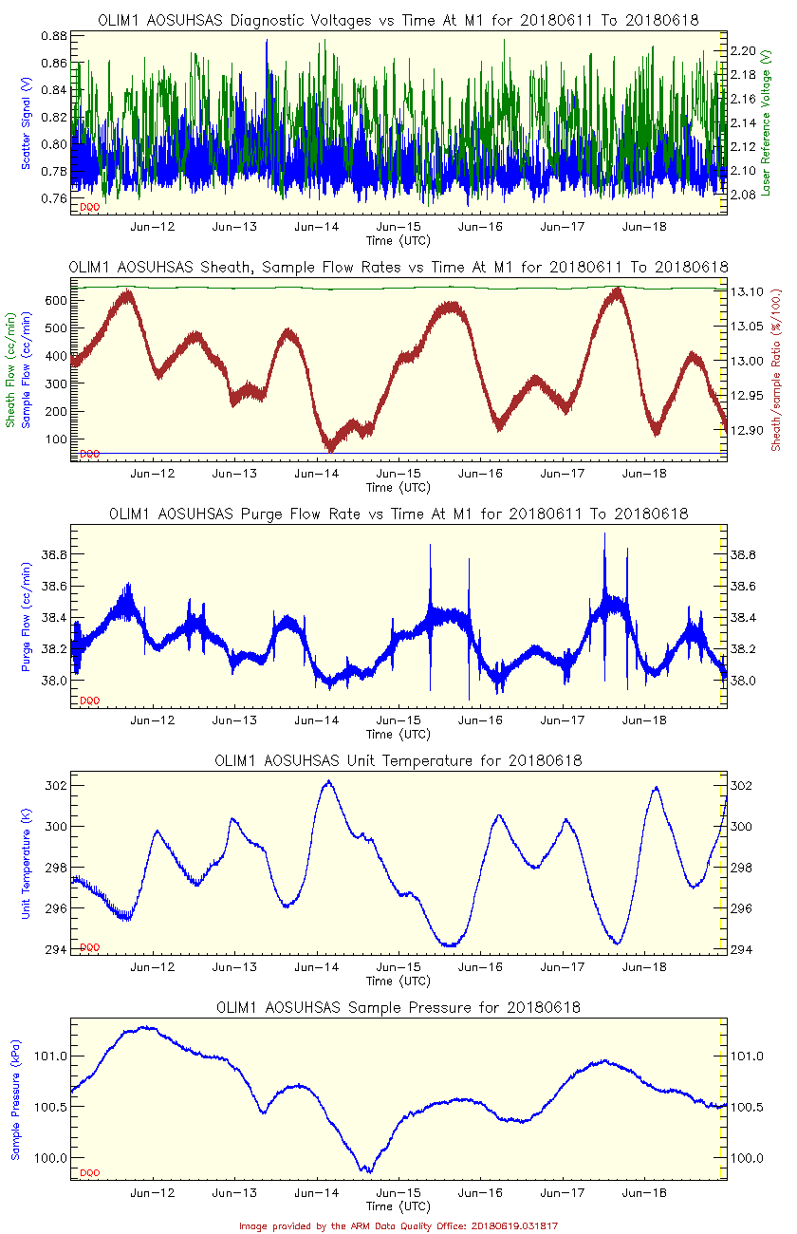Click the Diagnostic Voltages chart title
pos(398,20)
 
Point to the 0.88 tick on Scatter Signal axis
pos(54,36)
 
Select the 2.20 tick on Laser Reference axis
pos(743,50)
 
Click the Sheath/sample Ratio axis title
pos(775,369)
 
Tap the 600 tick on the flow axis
pos(54,301)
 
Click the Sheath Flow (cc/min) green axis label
pos(11,370)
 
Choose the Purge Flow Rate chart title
pos(398,514)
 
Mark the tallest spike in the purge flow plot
pos(604,534)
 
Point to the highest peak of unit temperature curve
pos(328,781)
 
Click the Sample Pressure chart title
pos(398,1007)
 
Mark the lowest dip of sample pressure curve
pos(366,1171)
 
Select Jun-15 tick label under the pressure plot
pos(398,1193)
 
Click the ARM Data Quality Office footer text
pos(398,1225)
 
